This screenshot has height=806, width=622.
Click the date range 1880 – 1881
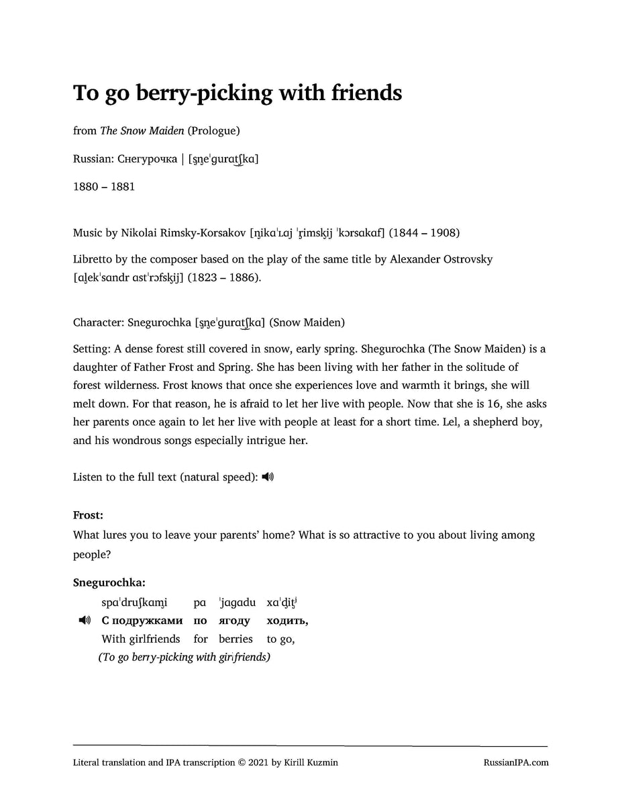coord(103,187)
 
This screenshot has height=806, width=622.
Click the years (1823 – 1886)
coord(227,277)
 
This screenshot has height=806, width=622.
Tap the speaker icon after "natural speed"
coord(268,477)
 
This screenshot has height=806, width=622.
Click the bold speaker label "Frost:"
coord(88,516)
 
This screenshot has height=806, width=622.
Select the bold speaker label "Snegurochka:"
coord(109,583)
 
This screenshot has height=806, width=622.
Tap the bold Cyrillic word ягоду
coord(234,621)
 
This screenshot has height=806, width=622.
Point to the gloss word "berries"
coord(236,639)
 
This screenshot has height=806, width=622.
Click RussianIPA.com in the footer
coord(515,762)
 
